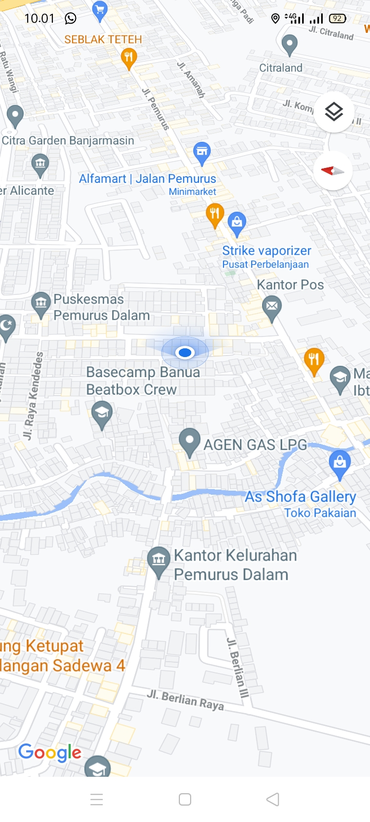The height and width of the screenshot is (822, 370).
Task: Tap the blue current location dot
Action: (x=185, y=352)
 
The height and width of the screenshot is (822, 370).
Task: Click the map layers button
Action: (x=334, y=111)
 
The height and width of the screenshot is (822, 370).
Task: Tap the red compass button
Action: (x=332, y=171)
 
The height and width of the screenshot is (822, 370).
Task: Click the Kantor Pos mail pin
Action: (x=272, y=307)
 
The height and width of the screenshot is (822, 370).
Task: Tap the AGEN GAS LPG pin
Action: (x=190, y=441)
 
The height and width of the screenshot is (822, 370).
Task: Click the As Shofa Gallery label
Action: (x=300, y=497)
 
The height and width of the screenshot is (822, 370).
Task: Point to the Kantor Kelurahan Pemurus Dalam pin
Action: (x=159, y=560)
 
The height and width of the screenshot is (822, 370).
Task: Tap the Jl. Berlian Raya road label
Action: (x=186, y=700)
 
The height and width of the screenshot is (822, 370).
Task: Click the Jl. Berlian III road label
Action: (x=237, y=667)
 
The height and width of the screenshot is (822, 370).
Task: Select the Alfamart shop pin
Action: (x=202, y=152)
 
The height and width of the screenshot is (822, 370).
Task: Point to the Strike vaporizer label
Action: (x=266, y=251)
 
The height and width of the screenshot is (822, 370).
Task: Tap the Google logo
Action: (x=50, y=753)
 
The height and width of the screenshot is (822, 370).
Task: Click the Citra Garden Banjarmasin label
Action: (x=68, y=140)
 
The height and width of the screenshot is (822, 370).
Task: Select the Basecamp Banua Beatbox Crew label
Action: (x=143, y=381)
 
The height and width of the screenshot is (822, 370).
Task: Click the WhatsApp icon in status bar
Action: (x=70, y=18)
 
